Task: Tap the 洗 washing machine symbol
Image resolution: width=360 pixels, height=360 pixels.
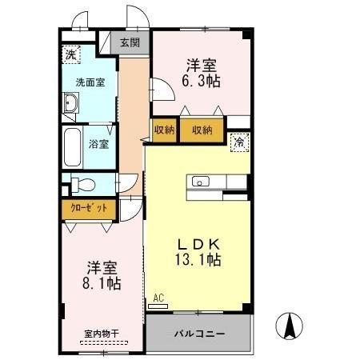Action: (71, 55)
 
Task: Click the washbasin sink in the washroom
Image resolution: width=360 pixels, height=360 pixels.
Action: (71, 103)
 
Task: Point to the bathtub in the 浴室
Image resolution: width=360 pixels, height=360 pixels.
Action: (72, 146)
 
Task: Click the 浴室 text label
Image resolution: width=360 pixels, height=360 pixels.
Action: (100, 145)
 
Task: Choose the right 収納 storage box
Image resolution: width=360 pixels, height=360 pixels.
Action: (201, 130)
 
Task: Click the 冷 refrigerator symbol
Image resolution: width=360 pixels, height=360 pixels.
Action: (239, 142)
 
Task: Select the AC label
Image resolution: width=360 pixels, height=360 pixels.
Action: (158, 298)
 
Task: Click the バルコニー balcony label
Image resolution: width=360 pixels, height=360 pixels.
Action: (199, 332)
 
